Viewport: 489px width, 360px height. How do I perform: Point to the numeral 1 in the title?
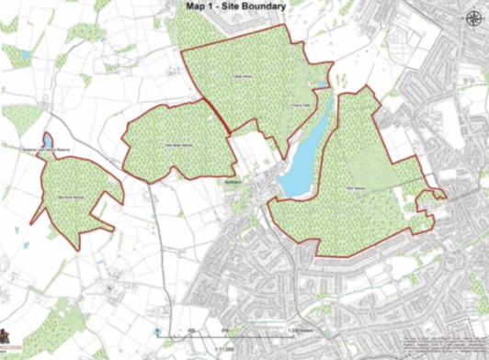tap(214, 7)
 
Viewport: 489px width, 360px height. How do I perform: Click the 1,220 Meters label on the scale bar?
tap(296, 330)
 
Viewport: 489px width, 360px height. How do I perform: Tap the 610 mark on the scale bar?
tap(225, 330)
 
